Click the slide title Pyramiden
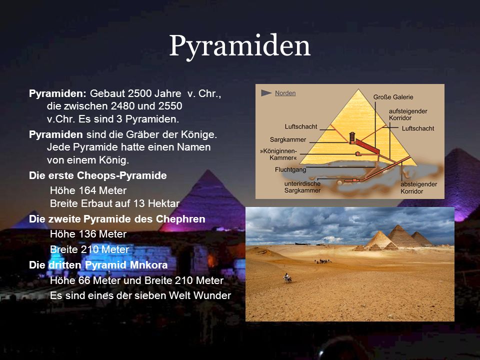click(239, 46)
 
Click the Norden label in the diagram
click(285, 93)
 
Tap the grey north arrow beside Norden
click(265, 93)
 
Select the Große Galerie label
click(393, 97)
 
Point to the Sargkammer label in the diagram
click(288, 139)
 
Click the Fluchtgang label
click(290, 169)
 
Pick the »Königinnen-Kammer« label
click(278, 154)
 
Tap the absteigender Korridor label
click(419, 187)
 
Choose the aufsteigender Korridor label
click(408, 114)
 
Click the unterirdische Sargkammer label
click(302, 187)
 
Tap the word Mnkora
click(149, 265)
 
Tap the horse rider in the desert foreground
click(287, 278)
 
